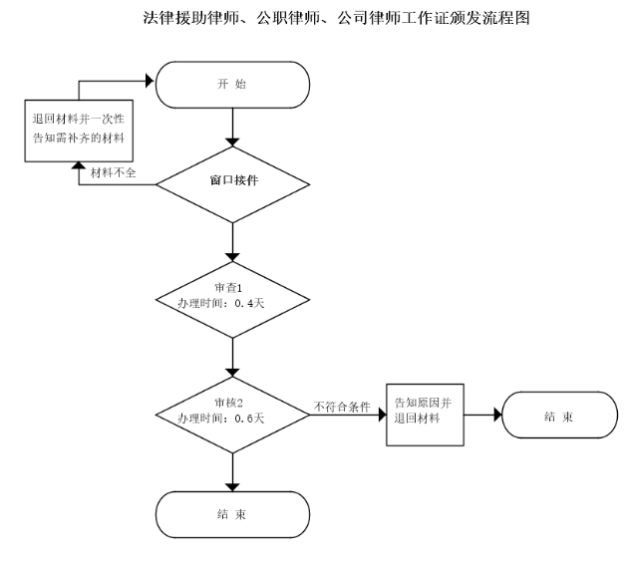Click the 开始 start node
[231, 84]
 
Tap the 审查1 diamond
[231, 296]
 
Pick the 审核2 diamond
[231, 410]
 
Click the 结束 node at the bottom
[231, 514]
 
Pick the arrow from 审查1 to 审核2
[231, 354]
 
